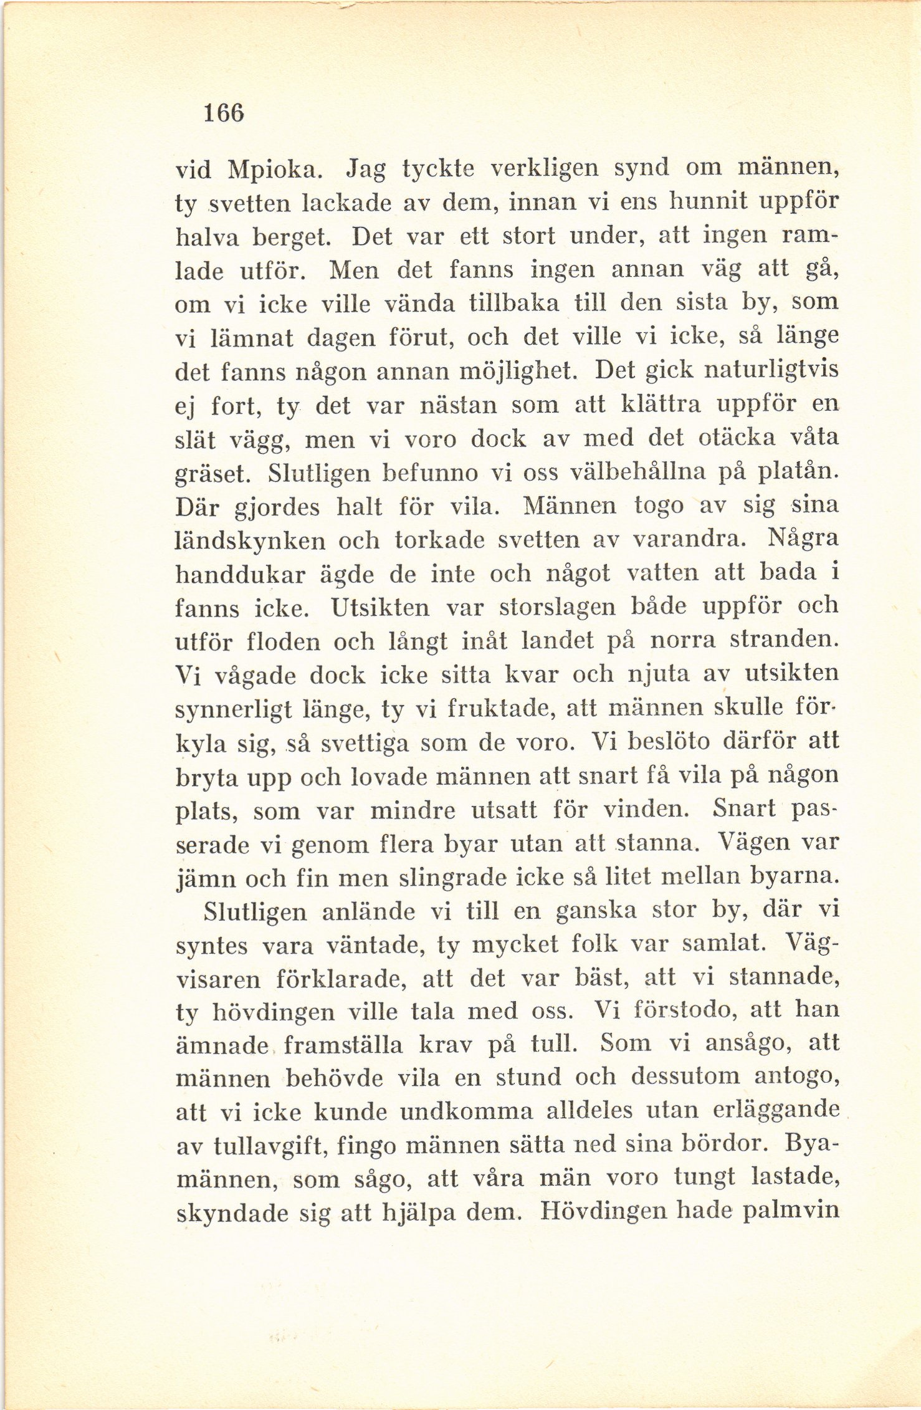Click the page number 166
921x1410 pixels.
[223, 113]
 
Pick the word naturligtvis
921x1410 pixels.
[770, 371]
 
